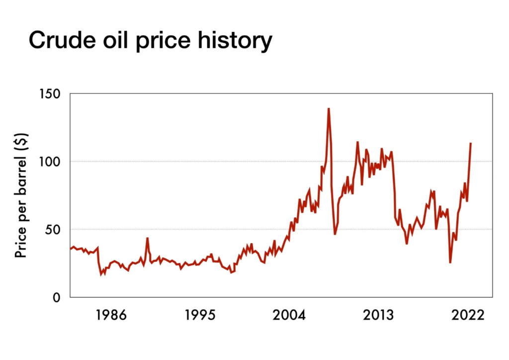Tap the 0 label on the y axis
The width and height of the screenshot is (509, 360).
[x=56, y=297]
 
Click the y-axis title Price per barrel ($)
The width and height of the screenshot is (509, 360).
[x=20, y=195]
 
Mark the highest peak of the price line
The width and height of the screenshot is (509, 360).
[x=329, y=108]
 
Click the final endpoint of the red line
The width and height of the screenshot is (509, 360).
[x=470, y=143]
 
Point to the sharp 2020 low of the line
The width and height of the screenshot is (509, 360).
[x=450, y=262]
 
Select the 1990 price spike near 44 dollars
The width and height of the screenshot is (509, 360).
[x=147, y=238]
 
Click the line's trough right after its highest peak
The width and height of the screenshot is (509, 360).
[x=335, y=234]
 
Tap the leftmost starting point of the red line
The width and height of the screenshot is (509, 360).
[x=70, y=249]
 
